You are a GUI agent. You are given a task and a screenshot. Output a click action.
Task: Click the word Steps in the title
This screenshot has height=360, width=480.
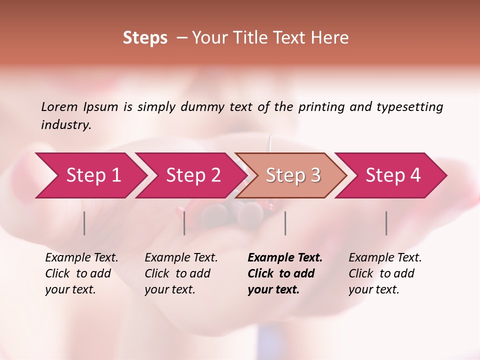[145, 38]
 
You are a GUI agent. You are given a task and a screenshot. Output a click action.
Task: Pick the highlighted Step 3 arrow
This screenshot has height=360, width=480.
[293, 175]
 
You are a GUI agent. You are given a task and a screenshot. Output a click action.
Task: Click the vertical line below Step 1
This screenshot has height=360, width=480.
[84, 223]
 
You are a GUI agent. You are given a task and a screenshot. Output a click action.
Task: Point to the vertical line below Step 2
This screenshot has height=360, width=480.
[184, 223]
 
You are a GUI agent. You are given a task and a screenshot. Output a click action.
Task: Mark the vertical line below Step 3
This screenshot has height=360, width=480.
[285, 223]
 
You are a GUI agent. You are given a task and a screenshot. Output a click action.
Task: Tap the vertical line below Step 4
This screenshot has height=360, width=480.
[386, 223]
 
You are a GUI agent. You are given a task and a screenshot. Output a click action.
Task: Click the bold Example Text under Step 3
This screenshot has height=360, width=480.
[285, 258]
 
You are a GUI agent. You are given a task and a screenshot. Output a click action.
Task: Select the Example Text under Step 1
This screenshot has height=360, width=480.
[81, 258]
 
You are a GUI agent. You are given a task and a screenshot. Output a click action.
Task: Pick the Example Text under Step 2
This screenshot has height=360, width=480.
[181, 258]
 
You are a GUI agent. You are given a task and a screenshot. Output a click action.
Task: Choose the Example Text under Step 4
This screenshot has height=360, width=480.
[385, 258]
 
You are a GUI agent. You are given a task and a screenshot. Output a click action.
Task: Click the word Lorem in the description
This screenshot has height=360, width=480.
[59, 106]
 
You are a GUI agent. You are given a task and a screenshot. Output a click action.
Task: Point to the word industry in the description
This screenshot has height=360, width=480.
[66, 125]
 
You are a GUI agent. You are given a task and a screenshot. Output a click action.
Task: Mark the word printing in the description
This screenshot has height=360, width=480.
[320, 107]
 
